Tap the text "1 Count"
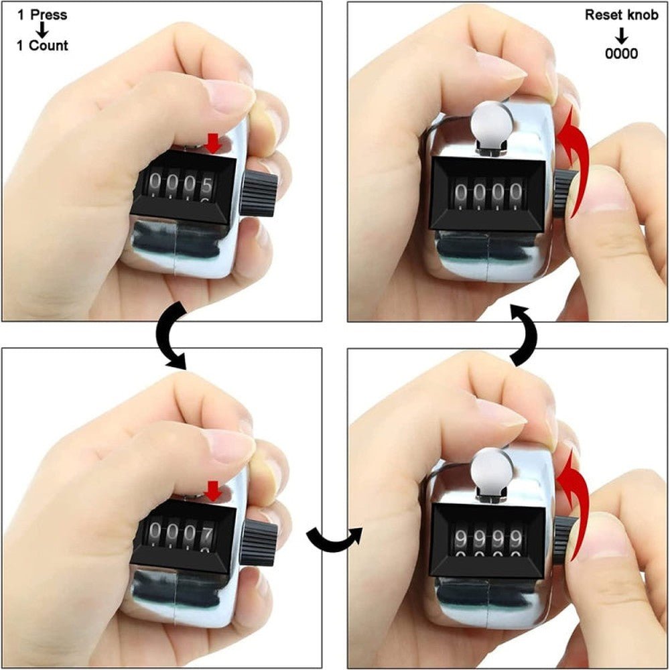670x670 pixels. tap(43, 46)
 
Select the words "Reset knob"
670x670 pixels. tap(621, 15)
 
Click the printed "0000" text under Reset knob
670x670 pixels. tap(621, 54)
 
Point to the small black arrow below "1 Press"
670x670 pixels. tap(42, 30)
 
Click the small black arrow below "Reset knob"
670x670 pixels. tap(622, 35)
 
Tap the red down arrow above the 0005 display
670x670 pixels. tap(213, 142)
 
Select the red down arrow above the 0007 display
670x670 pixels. tap(213, 491)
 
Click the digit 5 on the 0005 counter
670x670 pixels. tap(207, 183)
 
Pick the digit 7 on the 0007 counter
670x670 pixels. tap(208, 533)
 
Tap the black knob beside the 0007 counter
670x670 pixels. tap(261, 542)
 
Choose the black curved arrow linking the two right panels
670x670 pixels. tap(523, 334)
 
